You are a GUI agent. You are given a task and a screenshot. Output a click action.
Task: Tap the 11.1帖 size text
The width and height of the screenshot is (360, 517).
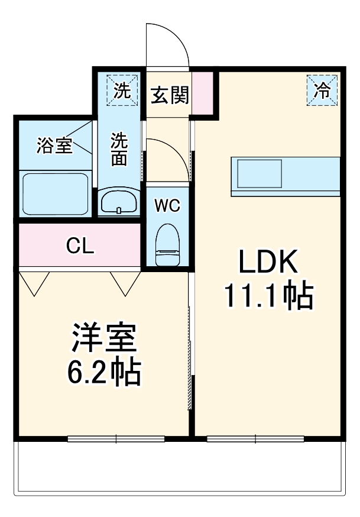[268, 296]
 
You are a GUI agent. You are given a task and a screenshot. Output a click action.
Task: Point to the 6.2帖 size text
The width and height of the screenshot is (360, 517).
[104, 372]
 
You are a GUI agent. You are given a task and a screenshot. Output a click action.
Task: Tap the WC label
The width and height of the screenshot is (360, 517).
[167, 205]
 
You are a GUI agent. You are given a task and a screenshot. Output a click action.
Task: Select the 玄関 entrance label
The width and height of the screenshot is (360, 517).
[169, 95]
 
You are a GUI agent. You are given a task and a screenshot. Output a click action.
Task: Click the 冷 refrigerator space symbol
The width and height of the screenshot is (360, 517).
[322, 91]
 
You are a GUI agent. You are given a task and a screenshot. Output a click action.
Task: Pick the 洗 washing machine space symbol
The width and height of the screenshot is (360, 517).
[121, 91]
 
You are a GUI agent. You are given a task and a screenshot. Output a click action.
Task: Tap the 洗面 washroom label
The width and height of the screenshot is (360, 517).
[120, 148]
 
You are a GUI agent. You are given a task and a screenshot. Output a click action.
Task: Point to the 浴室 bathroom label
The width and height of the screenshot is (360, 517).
[54, 146]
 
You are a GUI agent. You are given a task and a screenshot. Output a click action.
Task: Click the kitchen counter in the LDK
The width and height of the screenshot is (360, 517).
[286, 176]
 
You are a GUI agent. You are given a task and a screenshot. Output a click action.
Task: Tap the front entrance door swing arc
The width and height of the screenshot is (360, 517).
[168, 44]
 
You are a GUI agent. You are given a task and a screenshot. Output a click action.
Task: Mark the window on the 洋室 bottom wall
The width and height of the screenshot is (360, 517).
[116, 438]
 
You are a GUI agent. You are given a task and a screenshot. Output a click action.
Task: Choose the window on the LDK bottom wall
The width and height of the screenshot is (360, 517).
[256, 438]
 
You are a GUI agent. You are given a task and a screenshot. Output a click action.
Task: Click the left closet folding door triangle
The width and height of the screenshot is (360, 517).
[36, 282]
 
